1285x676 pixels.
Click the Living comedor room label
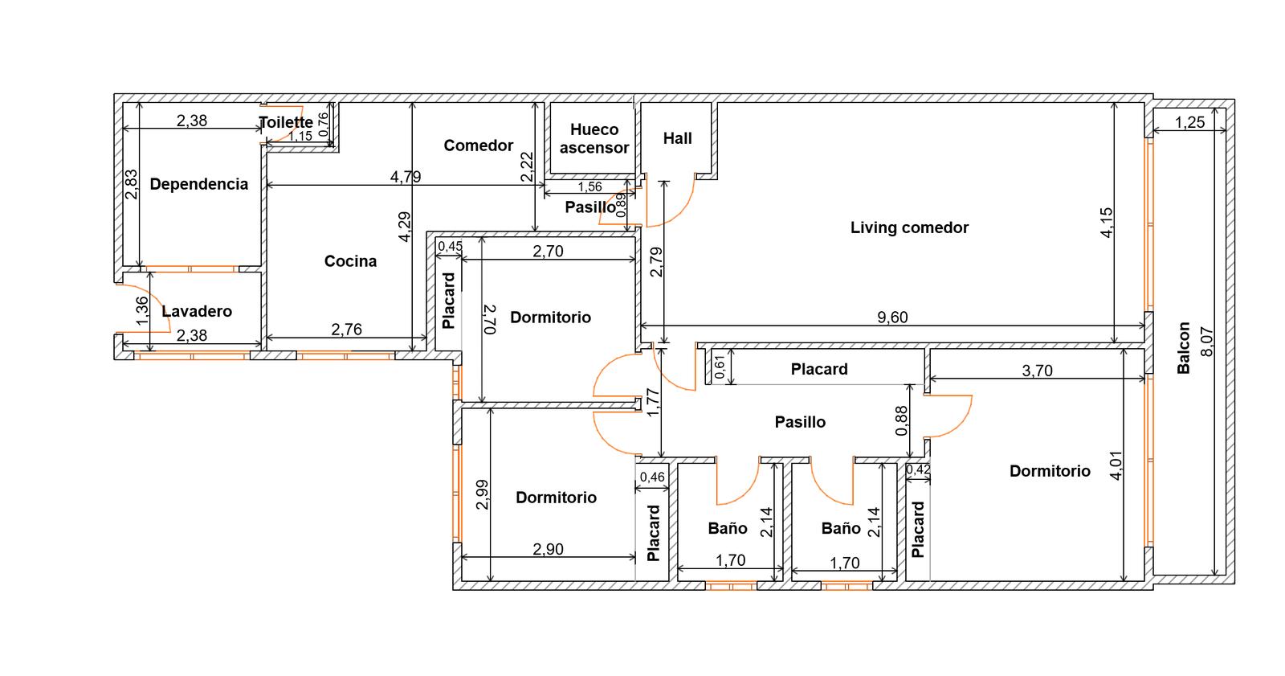pyautogui.click(x=909, y=228)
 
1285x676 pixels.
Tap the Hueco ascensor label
pyautogui.click(x=594, y=138)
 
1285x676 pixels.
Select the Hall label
pyautogui.click(x=678, y=138)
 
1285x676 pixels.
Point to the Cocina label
pyautogui.click(x=350, y=261)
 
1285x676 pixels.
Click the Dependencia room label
pyautogui.click(x=199, y=184)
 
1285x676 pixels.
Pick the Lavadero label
pyautogui.click(x=197, y=311)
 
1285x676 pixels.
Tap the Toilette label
pyautogui.click(x=286, y=122)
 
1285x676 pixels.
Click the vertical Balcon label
pyautogui.click(x=1184, y=348)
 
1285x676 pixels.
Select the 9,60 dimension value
pyautogui.click(x=892, y=317)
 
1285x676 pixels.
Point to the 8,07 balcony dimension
pyautogui.click(x=1207, y=342)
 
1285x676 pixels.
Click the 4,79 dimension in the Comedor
pyautogui.click(x=406, y=177)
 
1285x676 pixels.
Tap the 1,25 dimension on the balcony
pyautogui.click(x=1189, y=122)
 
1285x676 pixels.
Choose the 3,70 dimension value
pyautogui.click(x=1037, y=371)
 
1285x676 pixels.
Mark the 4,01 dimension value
pyautogui.click(x=1116, y=465)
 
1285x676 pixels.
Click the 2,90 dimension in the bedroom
pyautogui.click(x=548, y=550)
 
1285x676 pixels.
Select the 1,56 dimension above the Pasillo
pyautogui.click(x=589, y=186)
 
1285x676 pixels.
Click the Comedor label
pyautogui.click(x=479, y=145)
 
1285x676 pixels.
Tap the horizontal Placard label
pyautogui.click(x=819, y=369)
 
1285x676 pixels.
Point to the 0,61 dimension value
pyautogui.click(x=720, y=367)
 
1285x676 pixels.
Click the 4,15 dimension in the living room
pyautogui.click(x=1106, y=223)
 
